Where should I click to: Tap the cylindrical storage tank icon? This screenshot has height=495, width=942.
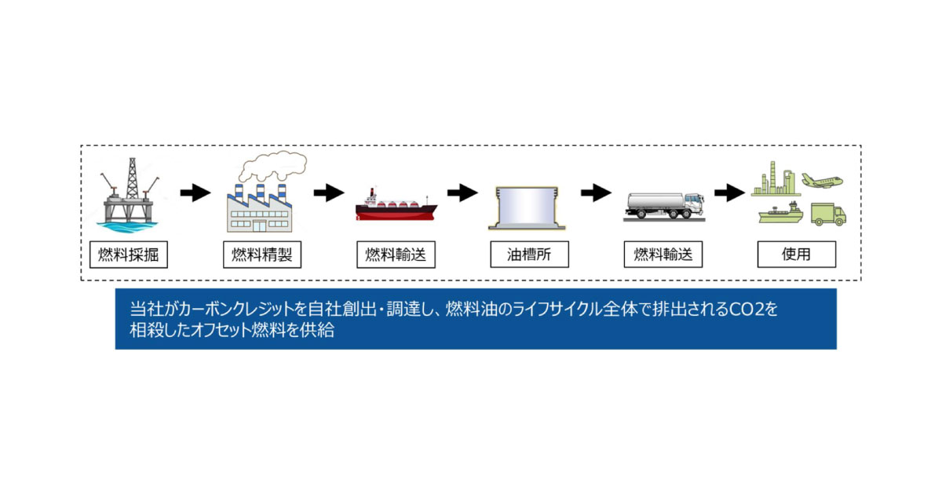(529, 208)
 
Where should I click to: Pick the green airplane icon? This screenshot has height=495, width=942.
(821, 180)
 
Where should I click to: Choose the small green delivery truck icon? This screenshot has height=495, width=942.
(827, 214)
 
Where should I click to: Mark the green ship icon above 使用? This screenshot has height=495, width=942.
(780, 214)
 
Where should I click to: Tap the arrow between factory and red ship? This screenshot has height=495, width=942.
(329, 193)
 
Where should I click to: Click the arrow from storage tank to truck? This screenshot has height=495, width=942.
(597, 193)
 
